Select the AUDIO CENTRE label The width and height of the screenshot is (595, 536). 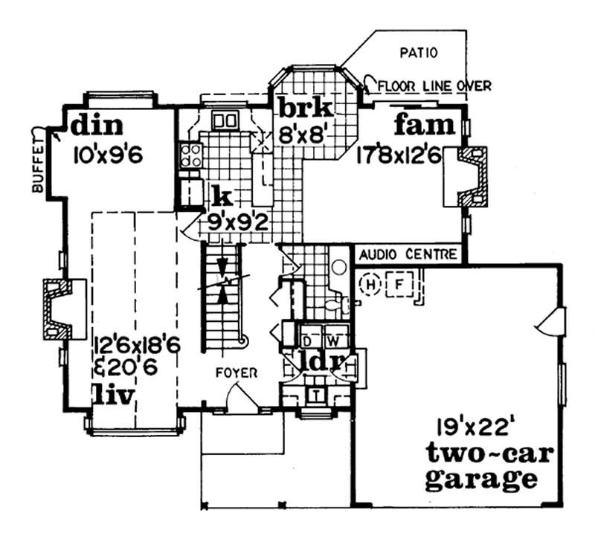click(408, 255)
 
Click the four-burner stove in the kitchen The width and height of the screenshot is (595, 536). click(190, 155)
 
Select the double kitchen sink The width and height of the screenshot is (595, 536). click(225, 120)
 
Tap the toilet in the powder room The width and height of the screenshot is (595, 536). click(334, 305)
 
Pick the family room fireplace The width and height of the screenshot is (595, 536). click(469, 177)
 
